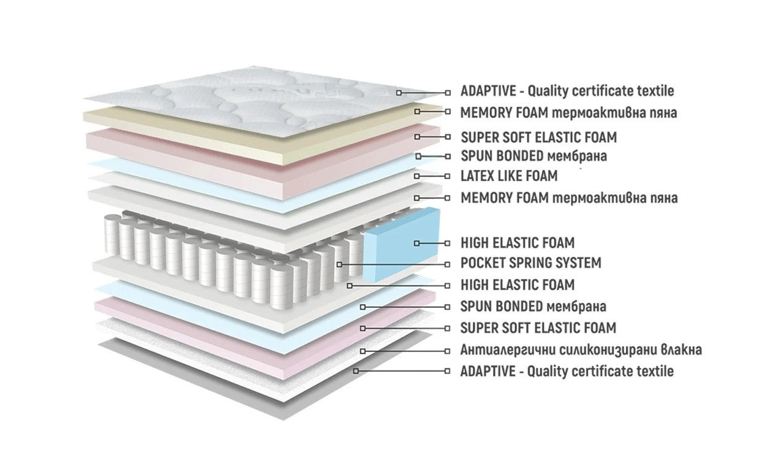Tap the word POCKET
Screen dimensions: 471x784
[x=482, y=263]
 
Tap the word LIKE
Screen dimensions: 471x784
[x=511, y=176]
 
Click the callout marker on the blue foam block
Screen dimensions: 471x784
[x=417, y=243]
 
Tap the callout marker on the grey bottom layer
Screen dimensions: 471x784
[x=355, y=371]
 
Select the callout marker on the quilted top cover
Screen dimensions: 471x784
[x=399, y=92]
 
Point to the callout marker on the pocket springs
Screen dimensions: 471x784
[x=340, y=264]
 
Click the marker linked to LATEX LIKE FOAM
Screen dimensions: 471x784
[x=417, y=176]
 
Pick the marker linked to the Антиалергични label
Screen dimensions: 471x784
[x=363, y=351]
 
